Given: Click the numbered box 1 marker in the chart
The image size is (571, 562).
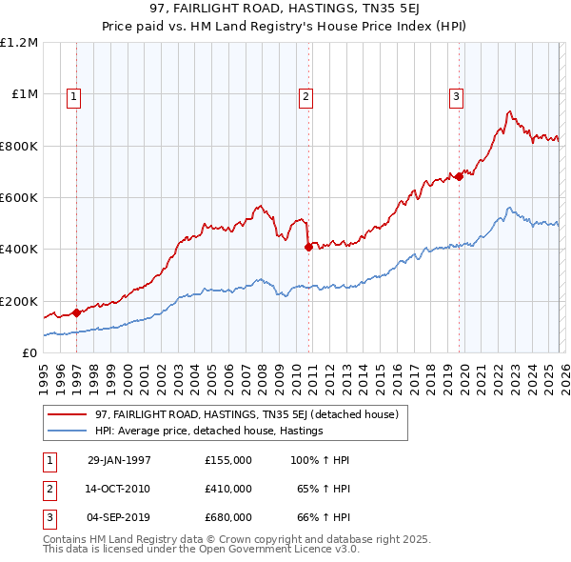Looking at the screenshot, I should click(x=73, y=95).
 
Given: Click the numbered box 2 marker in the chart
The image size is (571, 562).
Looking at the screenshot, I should click(x=305, y=95).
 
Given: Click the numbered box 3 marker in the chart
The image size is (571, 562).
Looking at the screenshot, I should click(x=456, y=95).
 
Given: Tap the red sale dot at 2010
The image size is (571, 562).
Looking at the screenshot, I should click(x=308, y=247).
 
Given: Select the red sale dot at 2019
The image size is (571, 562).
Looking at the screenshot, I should click(x=459, y=176).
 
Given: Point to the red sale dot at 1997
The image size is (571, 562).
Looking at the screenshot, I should click(x=77, y=312).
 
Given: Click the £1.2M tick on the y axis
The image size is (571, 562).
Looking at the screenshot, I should click(x=19, y=43).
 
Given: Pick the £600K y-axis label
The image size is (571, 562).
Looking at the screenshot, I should click(x=19, y=198).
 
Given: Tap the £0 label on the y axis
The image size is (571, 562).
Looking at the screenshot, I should click(x=30, y=352).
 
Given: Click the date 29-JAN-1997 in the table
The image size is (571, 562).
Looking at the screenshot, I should click(x=119, y=460).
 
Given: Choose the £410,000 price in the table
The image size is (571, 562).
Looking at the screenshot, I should click(x=228, y=489).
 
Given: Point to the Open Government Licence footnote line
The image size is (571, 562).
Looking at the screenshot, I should click(x=202, y=550).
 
